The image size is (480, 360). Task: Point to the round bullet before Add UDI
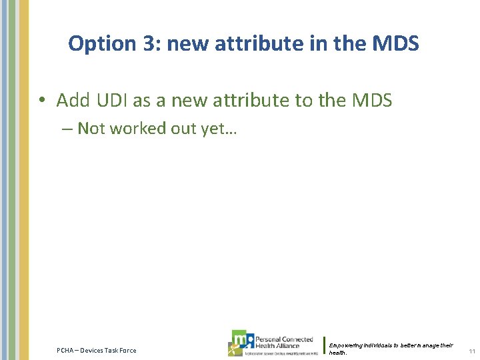pos(41,101)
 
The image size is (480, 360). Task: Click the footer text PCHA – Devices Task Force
pos(96,351)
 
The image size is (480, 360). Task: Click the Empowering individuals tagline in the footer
pos(390,348)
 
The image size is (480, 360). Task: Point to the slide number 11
pos(471,351)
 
